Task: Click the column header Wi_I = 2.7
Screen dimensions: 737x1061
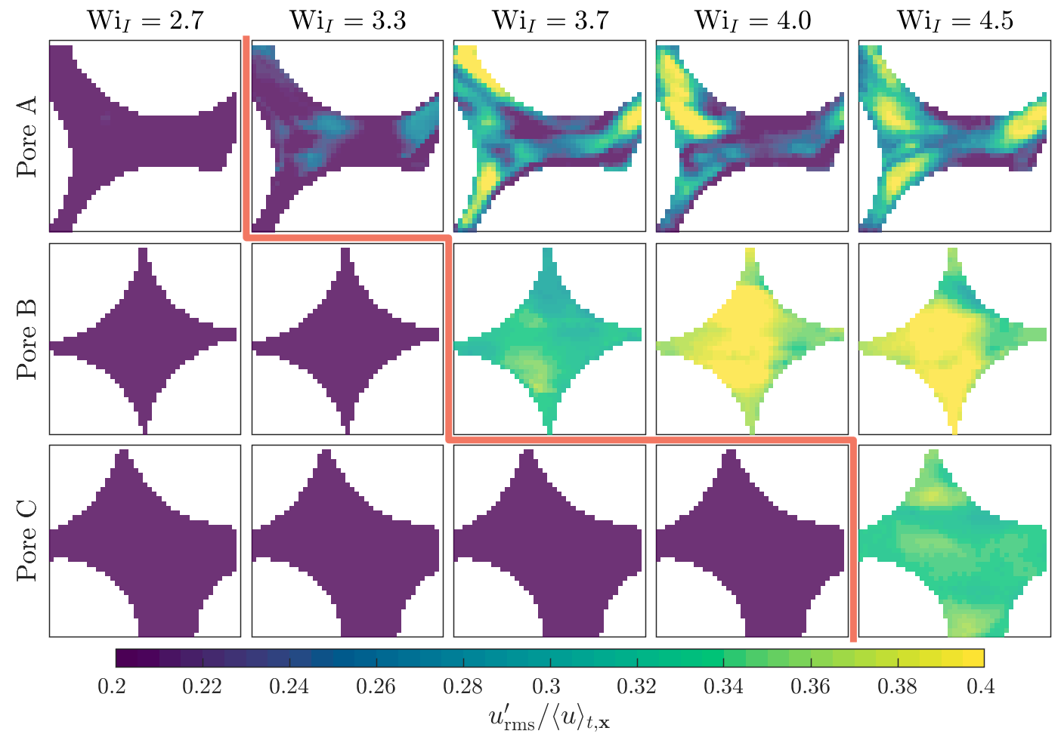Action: click(145, 20)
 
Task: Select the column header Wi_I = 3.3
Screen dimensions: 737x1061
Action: click(348, 20)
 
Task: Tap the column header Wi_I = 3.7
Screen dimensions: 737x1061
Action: click(550, 20)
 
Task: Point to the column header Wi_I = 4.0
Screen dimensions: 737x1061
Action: click(753, 20)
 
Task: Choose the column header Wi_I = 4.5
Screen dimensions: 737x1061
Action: click(955, 20)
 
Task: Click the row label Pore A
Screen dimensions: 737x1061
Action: click(27, 137)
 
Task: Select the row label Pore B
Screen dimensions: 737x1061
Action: click(27, 339)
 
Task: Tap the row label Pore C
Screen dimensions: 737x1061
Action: click(27, 541)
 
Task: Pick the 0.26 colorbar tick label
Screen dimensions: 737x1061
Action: click(376, 686)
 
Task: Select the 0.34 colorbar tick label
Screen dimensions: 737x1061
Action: click(723, 686)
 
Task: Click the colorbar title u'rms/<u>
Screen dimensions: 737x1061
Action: click(549, 717)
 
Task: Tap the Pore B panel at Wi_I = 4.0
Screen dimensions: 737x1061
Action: click(752, 339)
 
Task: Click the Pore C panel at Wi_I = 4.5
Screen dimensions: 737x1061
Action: click(954, 541)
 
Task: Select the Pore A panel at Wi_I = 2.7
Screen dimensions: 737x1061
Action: click(145, 136)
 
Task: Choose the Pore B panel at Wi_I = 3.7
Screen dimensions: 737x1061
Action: click(549, 339)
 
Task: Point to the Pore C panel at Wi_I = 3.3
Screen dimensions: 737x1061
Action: click(348, 541)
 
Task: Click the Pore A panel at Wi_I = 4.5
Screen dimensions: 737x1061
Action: click(954, 136)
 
